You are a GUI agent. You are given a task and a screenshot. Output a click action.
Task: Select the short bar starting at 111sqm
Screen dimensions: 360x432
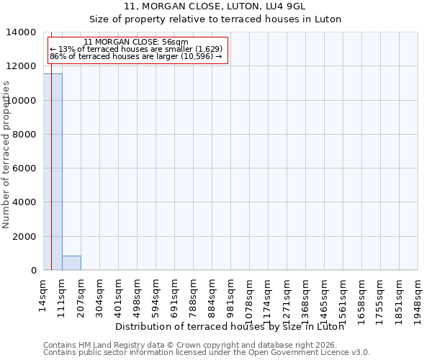click(x=71, y=263)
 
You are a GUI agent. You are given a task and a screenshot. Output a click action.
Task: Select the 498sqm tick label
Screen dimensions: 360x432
click(x=138, y=294)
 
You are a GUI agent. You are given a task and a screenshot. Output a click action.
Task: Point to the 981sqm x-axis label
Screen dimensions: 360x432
click(x=231, y=294)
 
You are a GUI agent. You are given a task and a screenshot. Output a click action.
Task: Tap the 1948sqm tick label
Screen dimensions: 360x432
click(x=418, y=297)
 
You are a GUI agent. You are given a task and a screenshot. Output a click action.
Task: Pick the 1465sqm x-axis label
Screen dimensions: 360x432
click(x=325, y=297)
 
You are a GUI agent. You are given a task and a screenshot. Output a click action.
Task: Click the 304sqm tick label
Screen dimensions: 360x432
click(x=100, y=294)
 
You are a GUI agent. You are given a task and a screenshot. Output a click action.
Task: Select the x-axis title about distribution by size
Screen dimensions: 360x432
click(x=229, y=327)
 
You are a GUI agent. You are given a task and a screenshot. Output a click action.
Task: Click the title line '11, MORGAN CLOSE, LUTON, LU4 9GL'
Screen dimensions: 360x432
click(x=215, y=6)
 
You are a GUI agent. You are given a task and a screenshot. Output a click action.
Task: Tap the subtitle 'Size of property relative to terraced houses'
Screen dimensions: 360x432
click(x=215, y=19)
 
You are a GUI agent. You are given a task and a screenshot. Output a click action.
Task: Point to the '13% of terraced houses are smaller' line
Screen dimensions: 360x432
click(x=136, y=49)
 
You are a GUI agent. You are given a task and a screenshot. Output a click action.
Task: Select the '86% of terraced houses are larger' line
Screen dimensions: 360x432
click(x=136, y=56)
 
